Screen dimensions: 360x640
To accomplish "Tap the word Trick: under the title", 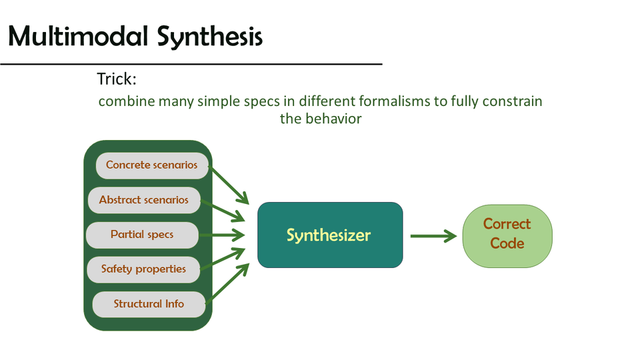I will click(117, 79).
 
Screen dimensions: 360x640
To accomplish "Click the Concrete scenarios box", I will click(152, 165).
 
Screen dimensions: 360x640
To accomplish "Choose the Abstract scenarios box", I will click(144, 200).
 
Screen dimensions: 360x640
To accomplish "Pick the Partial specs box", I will click(142, 235).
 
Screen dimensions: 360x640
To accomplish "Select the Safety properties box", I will click(143, 269).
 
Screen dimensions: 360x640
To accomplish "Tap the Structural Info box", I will click(148, 304).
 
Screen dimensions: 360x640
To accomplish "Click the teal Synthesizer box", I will click(330, 235).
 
